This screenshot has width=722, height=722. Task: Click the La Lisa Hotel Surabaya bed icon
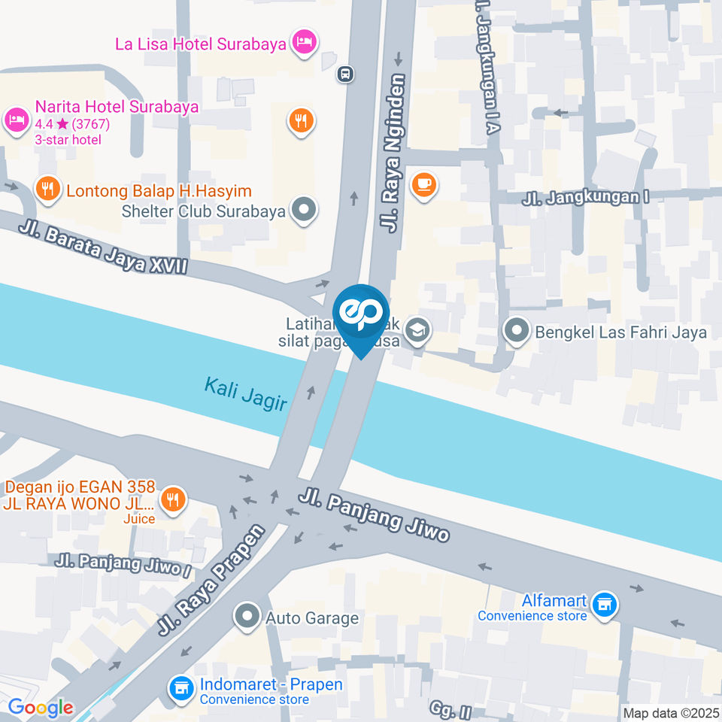(x=304, y=42)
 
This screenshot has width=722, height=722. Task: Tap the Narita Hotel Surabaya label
(x=117, y=106)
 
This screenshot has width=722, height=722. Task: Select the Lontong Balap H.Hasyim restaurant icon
(x=49, y=190)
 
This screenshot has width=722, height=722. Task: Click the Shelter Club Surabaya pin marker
(x=304, y=211)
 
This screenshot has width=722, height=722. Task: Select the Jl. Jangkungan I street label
(x=586, y=198)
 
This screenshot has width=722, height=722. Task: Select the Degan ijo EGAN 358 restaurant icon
(x=174, y=498)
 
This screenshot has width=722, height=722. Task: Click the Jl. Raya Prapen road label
(x=212, y=579)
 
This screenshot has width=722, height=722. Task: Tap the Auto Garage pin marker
(x=247, y=617)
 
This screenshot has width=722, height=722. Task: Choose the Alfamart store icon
(x=604, y=602)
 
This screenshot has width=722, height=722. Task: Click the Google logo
(x=40, y=707)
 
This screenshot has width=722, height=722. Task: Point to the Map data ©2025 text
(x=670, y=712)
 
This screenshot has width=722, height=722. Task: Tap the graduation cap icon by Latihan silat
(x=417, y=329)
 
